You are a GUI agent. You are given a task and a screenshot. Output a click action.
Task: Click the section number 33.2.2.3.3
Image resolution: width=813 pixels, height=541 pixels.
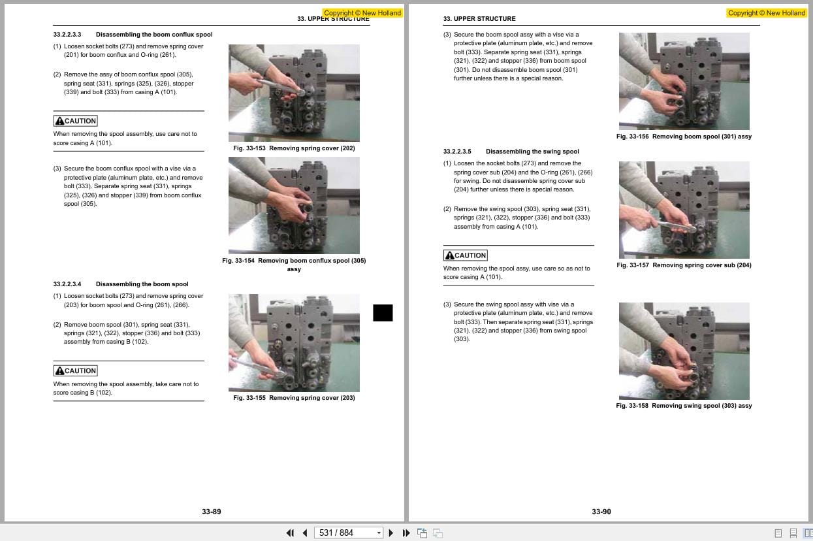point(67,35)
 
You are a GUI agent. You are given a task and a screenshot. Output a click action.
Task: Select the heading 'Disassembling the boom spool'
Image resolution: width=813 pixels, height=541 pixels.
point(142,284)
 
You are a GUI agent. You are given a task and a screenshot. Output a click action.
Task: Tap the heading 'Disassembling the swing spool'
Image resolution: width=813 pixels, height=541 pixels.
point(532,152)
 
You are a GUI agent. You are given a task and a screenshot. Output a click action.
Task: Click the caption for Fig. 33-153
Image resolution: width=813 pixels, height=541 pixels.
point(294,148)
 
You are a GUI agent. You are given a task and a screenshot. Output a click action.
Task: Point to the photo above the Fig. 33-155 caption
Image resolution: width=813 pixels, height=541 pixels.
point(294,342)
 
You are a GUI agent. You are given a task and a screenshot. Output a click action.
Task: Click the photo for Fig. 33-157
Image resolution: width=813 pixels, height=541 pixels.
point(684,210)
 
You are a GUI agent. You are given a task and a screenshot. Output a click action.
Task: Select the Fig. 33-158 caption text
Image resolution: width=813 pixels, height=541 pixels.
point(684,406)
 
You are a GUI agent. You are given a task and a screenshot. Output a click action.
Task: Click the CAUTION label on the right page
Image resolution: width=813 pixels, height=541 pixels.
point(466,255)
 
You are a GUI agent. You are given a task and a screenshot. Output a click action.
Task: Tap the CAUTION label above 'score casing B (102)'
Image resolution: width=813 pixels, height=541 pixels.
point(76,370)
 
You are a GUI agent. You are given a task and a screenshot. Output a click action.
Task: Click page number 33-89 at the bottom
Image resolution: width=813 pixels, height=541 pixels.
point(212,512)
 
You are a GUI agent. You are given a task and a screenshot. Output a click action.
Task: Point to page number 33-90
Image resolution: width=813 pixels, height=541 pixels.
point(601,512)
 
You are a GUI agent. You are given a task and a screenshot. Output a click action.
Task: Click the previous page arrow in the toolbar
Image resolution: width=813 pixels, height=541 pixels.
point(305,533)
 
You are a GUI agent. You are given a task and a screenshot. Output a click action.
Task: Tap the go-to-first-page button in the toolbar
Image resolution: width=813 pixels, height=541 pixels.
point(290,533)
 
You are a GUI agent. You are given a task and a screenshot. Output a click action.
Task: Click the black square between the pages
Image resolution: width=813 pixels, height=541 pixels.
point(383,313)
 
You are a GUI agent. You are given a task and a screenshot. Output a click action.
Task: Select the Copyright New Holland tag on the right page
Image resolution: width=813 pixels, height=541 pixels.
point(767,13)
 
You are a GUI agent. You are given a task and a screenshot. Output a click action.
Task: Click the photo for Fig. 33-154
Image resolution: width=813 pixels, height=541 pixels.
point(294,205)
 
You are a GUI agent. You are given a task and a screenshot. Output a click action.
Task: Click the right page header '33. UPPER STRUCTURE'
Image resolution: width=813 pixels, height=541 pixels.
point(479,19)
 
